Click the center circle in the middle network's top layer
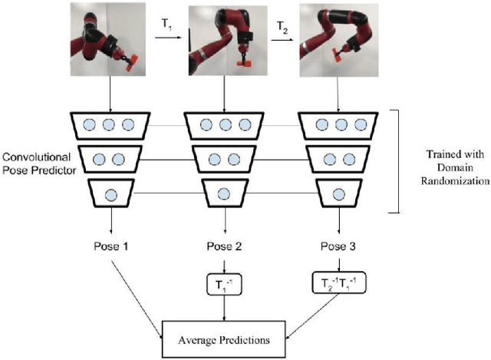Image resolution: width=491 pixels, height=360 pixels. [225, 124]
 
